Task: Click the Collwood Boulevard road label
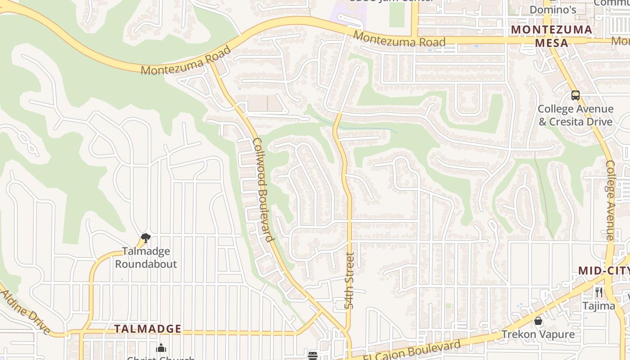pos(263,189)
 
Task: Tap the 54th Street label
pos(350,280)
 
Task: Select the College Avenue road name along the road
pos(610,200)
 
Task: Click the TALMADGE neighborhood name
pos(148,329)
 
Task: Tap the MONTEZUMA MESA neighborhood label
pos(552,36)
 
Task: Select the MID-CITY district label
pos(603,270)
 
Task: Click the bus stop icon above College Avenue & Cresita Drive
pos(575,95)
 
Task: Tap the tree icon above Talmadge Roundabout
pos(145,238)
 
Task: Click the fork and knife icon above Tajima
pos(598,292)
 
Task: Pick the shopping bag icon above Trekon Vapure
pos(538,321)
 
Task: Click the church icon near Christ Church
pos(161,348)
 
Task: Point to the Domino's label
pos(553,10)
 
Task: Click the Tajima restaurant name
pos(598,306)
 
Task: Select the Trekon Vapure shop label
pos(538,334)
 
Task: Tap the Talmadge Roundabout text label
pos(146,257)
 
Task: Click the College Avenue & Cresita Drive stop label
pos(575,115)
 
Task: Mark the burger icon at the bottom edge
pos(313,355)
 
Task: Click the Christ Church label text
pos(161,358)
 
